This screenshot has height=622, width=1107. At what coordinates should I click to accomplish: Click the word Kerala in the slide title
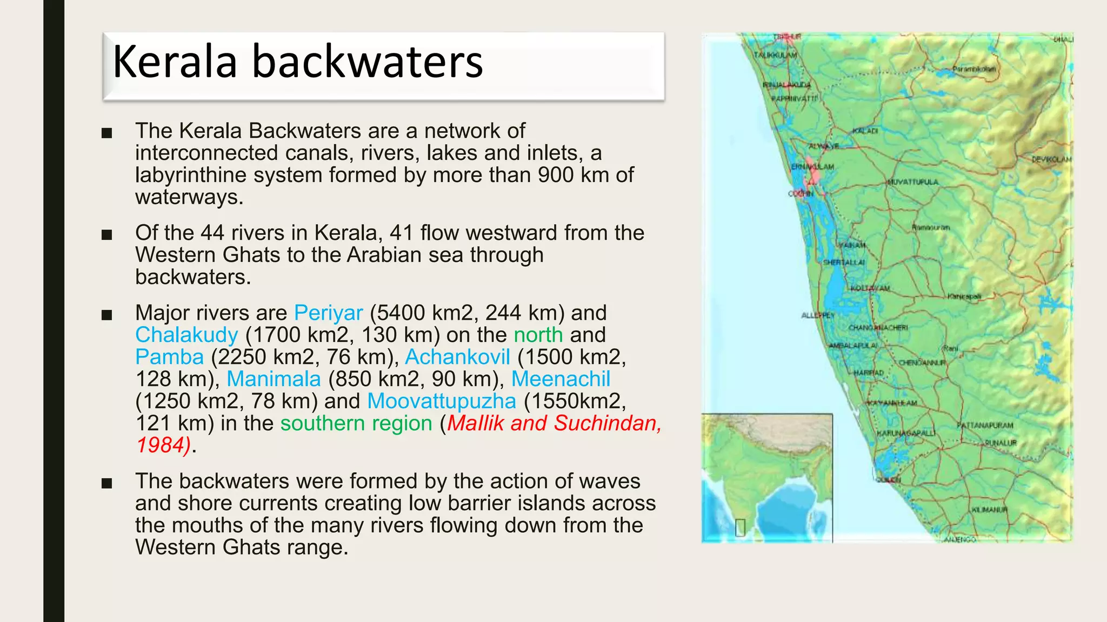coord(175,62)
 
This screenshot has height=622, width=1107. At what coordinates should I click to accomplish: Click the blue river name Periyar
coord(328,313)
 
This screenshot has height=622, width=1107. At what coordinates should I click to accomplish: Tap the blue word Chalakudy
coord(186,335)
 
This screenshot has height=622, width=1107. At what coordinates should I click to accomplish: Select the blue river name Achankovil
coord(457,357)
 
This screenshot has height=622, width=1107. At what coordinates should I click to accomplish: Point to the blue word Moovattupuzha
coord(442,402)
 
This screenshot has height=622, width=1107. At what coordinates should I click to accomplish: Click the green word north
coord(538,335)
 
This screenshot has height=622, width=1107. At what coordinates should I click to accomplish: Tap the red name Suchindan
coord(607,424)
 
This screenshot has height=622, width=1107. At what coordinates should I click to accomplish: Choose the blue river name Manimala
coord(274,380)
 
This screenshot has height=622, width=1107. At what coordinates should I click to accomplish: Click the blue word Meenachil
coord(561,380)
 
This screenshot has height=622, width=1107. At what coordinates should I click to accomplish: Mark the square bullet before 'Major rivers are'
coord(106,315)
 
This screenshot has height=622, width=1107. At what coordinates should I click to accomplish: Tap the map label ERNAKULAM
coord(812,167)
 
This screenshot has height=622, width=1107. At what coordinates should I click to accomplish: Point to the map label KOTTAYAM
coord(870,288)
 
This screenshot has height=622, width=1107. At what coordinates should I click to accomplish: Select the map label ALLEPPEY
coord(817,315)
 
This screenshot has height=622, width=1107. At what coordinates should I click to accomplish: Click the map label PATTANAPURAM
coord(985,425)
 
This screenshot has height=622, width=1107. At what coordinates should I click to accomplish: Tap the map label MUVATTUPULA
coord(912,182)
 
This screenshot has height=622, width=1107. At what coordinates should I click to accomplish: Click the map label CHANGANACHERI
coord(878,328)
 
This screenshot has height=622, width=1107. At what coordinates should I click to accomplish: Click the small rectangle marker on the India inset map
coord(740,528)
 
